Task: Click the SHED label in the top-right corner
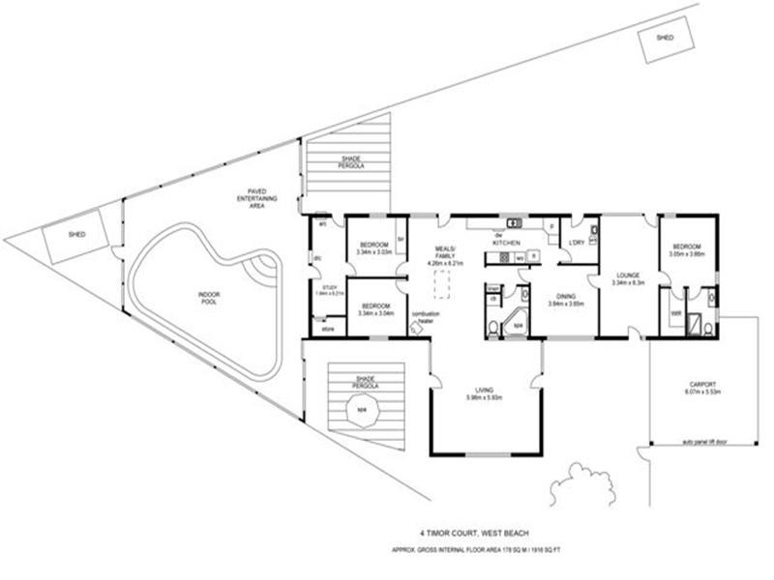pos(665,38)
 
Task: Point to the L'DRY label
pos(578,242)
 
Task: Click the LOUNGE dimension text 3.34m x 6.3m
pos(628,283)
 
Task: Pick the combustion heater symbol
pos(416,328)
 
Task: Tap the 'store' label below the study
pos(327,329)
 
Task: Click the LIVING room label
pos(484,390)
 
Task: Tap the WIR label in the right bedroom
pos(675,312)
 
